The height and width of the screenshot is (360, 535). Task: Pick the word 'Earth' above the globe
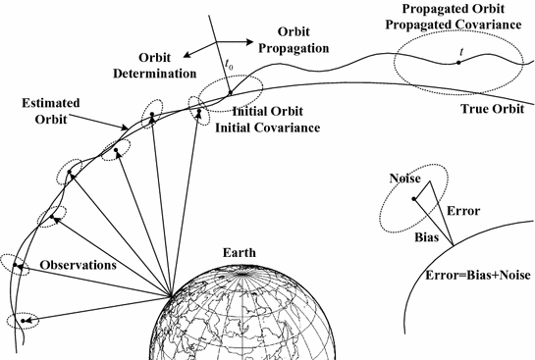[239, 252]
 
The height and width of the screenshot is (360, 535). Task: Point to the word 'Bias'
[424, 237]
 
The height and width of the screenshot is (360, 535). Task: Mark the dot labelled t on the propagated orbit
[457, 63]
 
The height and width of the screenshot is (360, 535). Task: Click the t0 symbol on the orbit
[228, 81]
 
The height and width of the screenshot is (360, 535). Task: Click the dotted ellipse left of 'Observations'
[15, 264]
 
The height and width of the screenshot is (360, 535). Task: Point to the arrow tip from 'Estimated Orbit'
[126, 129]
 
